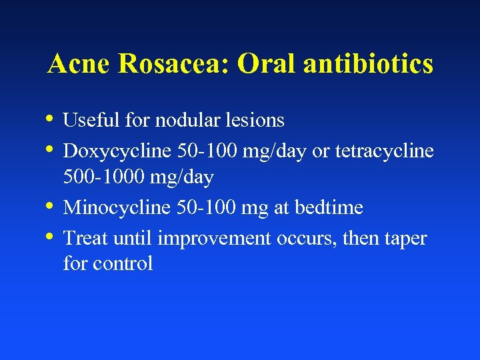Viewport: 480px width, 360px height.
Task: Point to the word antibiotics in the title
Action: click(x=367, y=64)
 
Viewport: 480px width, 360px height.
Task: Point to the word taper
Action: click(x=404, y=238)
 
